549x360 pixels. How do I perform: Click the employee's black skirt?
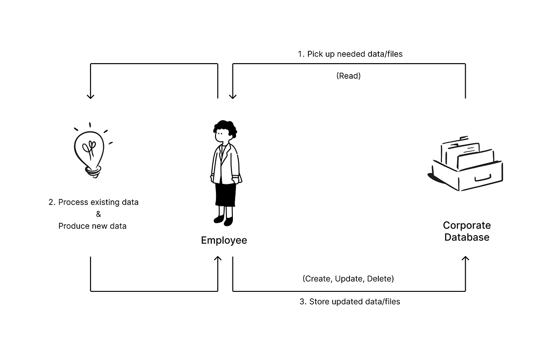226,195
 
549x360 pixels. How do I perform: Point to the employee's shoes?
224,220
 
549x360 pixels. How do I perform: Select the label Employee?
224,241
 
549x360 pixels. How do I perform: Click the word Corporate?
467,226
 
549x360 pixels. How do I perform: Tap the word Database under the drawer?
467,237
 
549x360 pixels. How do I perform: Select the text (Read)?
348,76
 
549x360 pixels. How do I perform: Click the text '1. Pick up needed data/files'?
350,54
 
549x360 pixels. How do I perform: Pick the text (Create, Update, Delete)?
348,279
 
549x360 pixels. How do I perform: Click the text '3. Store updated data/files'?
350,302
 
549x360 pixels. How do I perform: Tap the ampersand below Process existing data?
98,214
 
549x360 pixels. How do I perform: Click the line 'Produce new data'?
92,226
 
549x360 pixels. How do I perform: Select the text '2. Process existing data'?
93,202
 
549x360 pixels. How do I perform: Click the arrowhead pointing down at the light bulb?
91,96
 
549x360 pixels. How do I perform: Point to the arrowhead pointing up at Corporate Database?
466,259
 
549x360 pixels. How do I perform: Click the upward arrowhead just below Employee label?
218,259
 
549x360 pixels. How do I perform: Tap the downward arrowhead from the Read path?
233,96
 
